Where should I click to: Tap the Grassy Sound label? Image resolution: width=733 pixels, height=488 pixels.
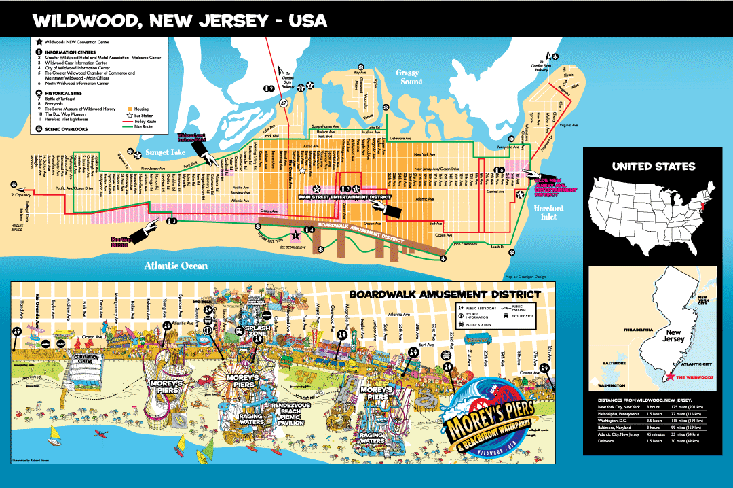point(409,77)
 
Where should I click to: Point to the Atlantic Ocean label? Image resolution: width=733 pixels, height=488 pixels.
point(176,266)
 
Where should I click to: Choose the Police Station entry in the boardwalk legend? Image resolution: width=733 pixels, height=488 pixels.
point(481,325)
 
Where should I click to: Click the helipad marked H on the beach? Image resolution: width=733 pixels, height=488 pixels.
point(43,344)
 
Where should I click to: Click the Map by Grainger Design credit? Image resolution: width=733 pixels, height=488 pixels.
point(525,276)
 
